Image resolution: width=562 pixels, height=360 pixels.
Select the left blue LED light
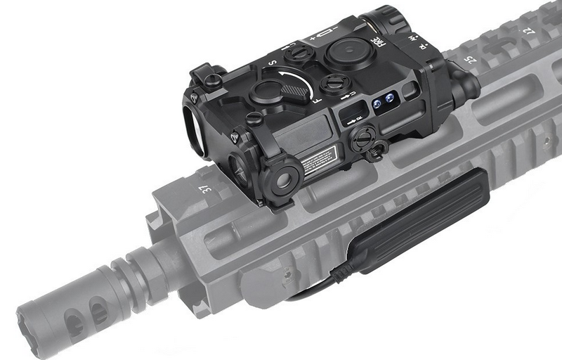377,104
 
